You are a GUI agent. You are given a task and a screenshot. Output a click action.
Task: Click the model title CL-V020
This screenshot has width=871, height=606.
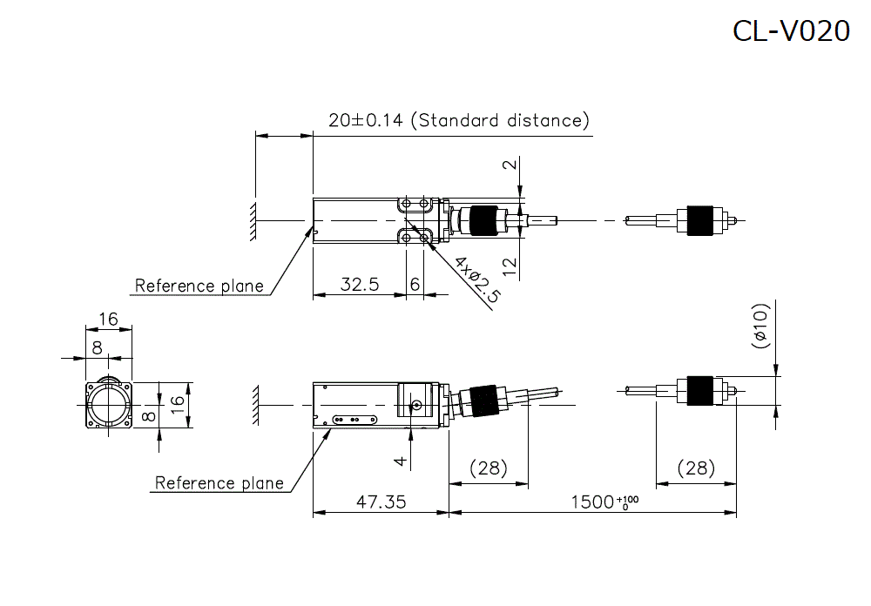coord(790,30)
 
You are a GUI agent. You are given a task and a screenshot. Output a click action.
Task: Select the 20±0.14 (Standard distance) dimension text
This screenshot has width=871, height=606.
coord(459,120)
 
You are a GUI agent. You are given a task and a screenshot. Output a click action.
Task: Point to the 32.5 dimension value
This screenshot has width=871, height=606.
coord(359,284)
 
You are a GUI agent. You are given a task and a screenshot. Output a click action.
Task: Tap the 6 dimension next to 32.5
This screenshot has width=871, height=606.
coord(415,284)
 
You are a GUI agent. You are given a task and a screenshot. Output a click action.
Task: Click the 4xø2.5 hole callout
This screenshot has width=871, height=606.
coord(477,279)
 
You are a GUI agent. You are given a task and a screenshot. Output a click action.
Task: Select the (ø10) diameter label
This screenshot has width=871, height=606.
coord(760,327)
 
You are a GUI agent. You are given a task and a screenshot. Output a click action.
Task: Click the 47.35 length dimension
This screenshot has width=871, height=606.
coord(379,502)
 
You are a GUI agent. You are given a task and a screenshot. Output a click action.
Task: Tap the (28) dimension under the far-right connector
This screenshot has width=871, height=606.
coord(696,468)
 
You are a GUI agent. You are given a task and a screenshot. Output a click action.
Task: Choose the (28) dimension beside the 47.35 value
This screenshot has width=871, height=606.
coord(488,468)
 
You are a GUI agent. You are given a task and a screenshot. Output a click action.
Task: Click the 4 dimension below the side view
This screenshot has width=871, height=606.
coord(400,461)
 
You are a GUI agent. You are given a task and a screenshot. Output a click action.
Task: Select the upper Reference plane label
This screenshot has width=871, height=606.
coord(199,286)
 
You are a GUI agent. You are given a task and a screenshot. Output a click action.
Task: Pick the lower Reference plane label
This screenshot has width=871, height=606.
coord(219,482)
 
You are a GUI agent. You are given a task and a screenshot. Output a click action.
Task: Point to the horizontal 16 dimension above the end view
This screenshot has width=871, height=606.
coord(108,319)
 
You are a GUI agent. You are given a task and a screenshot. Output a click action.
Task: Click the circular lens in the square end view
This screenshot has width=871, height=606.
coord(110,404)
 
